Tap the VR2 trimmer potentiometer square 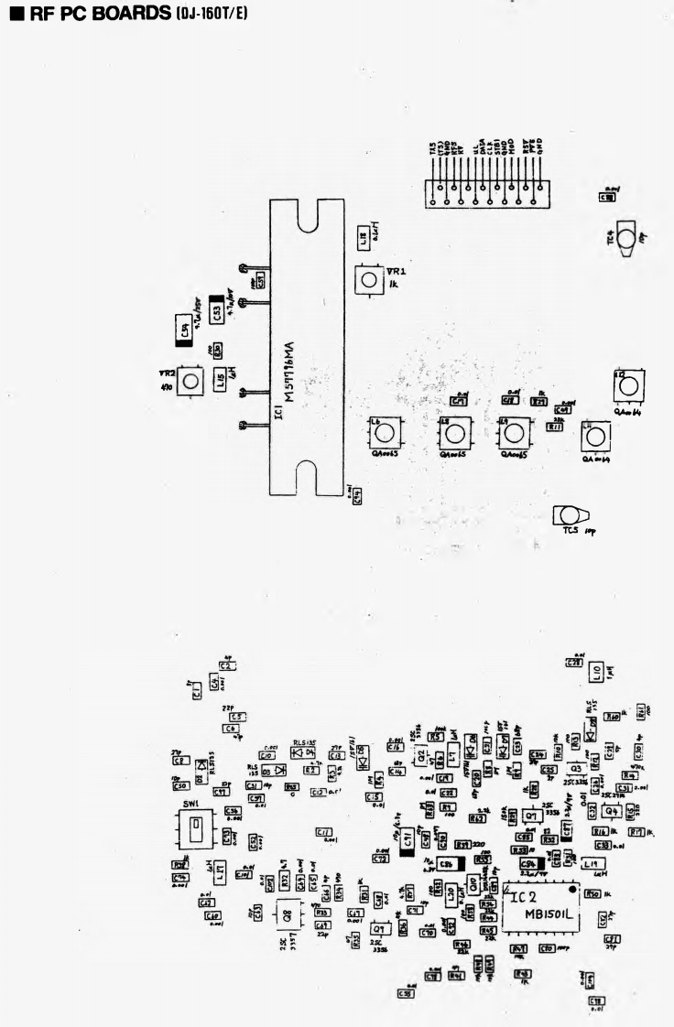190,381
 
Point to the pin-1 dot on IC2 572,888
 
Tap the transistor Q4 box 611,812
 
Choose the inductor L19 592,864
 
